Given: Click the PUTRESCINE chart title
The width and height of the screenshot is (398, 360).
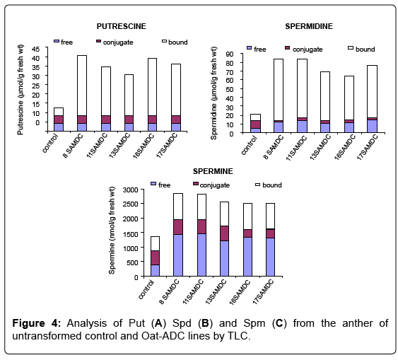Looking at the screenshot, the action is pyautogui.click(x=122, y=26).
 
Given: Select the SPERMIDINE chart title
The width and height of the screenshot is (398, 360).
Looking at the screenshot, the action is pyautogui.click(x=309, y=26).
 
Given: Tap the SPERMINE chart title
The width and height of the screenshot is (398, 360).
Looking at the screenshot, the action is pyautogui.click(x=213, y=171).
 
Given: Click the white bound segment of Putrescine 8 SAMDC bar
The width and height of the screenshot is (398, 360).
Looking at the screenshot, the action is pyautogui.click(x=82, y=86).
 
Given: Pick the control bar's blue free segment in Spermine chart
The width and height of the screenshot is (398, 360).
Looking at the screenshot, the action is pyautogui.click(x=155, y=270).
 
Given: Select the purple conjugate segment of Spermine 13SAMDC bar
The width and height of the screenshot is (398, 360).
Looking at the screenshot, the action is pyautogui.click(x=224, y=233).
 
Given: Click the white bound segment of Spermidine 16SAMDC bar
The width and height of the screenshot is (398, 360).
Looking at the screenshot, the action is pyautogui.click(x=349, y=98).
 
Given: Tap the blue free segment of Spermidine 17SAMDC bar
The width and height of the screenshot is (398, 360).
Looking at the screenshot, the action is pyautogui.click(x=373, y=126).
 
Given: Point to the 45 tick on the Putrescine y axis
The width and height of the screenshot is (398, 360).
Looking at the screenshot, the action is pyautogui.click(x=36, y=49).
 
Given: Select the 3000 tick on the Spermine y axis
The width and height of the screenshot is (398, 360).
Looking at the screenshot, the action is pyautogui.click(x=130, y=190).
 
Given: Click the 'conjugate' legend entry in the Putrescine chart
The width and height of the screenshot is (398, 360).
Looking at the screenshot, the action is pyautogui.click(x=115, y=42).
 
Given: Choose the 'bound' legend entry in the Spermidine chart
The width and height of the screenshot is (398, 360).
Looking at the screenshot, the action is pyautogui.click(x=361, y=49).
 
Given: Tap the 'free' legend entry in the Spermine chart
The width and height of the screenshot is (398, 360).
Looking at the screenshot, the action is pyautogui.click(x=160, y=185).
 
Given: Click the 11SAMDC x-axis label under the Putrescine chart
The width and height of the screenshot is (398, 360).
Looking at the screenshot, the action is pyautogui.click(x=98, y=145).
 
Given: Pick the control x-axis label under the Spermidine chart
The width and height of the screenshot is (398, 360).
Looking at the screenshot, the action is pyautogui.click(x=249, y=145).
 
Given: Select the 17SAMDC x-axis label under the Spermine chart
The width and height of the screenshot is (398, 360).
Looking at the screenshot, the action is pyautogui.click(x=264, y=291).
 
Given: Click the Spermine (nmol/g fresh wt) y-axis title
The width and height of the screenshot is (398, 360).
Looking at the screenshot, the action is pyautogui.click(x=112, y=231).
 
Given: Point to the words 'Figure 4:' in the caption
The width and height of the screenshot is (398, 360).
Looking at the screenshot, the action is pyautogui.click(x=37, y=323).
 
